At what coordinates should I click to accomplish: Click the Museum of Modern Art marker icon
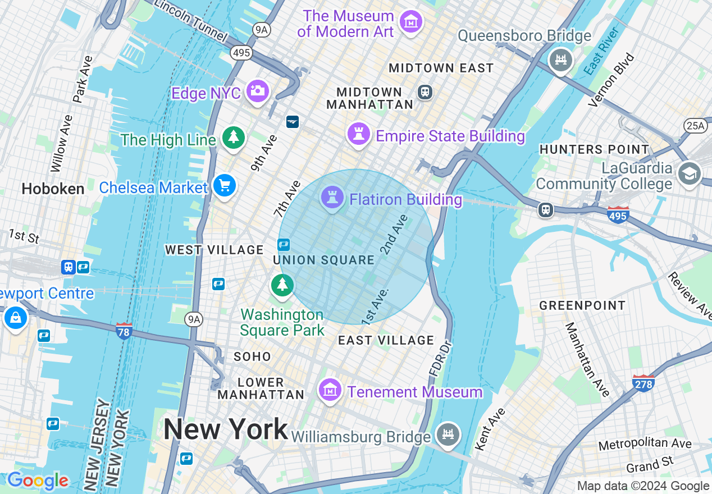[411, 21]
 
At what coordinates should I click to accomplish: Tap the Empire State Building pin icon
[358, 134]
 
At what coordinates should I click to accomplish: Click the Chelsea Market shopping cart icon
[225, 185]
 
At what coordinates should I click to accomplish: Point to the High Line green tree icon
[233, 137]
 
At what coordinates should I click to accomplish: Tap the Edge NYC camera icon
[258, 91]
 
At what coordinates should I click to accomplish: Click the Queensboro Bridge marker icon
[560, 59]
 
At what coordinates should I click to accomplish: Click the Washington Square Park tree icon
[282, 285]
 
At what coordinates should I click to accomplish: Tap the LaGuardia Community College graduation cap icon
[689, 173]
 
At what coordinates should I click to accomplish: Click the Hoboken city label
[53, 189]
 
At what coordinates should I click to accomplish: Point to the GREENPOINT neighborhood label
[582, 305]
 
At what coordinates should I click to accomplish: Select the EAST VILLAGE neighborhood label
[386, 340]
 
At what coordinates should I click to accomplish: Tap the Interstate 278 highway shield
[643, 383]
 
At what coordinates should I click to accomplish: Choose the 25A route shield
[695, 125]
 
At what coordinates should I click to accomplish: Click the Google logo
[38, 481]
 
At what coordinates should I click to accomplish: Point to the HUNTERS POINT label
[594, 149]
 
